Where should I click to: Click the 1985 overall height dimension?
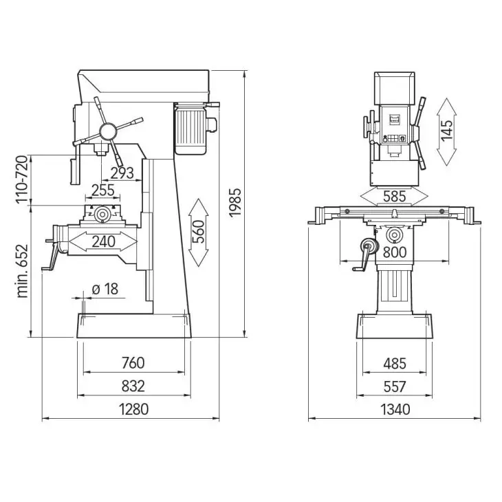(x=235, y=203)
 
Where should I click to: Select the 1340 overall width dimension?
(x=395, y=409)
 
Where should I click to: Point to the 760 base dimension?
(x=133, y=362)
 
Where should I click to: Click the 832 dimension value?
(x=133, y=386)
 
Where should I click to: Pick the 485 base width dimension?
(x=395, y=362)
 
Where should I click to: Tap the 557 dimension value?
(x=395, y=386)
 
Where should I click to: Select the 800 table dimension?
(x=395, y=252)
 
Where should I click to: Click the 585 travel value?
(x=395, y=197)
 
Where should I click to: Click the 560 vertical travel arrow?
(x=199, y=232)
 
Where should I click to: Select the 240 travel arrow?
(x=103, y=241)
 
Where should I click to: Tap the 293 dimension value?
(x=122, y=173)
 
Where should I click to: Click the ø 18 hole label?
(x=105, y=289)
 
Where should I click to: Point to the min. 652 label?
(x=23, y=269)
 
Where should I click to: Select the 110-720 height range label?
(x=23, y=179)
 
